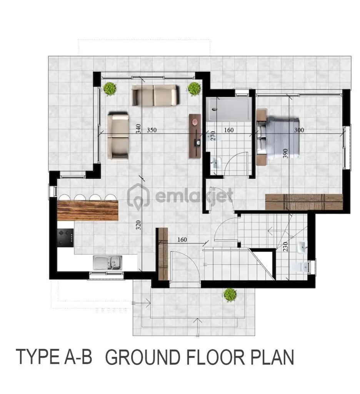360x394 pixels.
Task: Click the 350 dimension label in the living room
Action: point(152,130)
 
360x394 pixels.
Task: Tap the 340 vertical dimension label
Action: point(138,129)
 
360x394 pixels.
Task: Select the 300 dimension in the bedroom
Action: point(299,130)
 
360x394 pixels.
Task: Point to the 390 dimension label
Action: point(285,153)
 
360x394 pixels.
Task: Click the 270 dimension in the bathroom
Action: point(213,136)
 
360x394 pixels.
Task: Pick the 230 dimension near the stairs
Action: point(285,247)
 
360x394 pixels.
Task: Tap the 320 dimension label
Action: point(138,225)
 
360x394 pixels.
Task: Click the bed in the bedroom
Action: point(278,137)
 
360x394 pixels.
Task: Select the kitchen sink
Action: point(108,262)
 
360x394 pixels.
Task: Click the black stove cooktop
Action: point(65,238)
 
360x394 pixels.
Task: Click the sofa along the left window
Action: point(118,136)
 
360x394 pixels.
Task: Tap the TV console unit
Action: point(195,136)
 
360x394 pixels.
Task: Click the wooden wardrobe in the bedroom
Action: point(304,202)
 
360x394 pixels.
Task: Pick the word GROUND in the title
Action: point(142,357)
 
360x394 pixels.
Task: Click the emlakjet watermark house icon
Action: point(138,195)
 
